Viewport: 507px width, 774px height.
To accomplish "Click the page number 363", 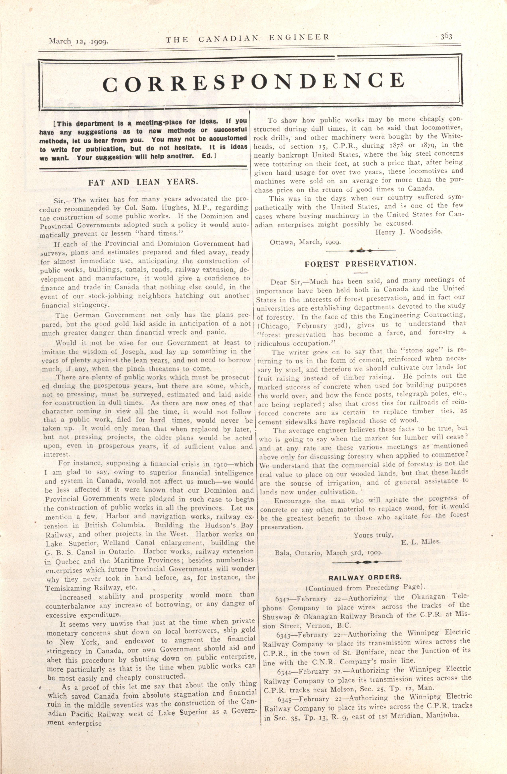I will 446,36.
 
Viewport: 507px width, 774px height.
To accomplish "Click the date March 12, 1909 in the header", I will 78,41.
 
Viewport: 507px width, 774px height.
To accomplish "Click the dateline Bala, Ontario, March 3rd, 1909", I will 329,553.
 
